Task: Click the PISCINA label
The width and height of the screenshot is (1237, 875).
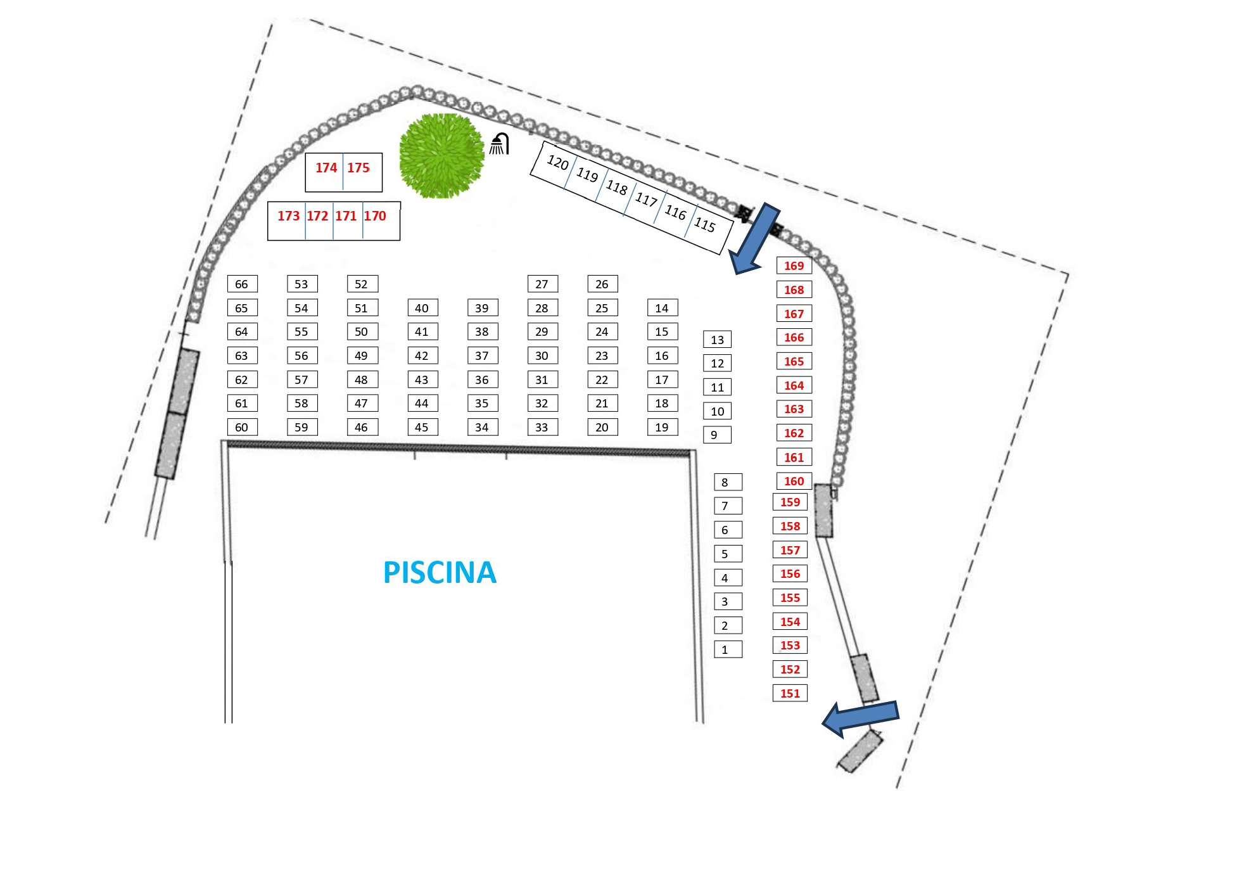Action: (x=440, y=572)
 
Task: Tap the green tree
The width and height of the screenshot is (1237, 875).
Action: (x=441, y=155)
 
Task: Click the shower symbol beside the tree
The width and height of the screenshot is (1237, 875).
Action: (x=500, y=144)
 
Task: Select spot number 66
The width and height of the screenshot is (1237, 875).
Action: (x=242, y=284)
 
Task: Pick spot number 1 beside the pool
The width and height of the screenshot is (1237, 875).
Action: (x=728, y=649)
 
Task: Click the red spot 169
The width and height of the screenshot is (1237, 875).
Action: (x=794, y=265)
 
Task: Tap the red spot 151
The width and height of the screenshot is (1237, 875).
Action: (x=790, y=693)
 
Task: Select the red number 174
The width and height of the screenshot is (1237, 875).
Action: (x=326, y=168)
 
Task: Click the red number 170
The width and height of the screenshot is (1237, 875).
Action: (x=375, y=216)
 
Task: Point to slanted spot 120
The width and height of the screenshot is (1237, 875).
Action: (x=557, y=163)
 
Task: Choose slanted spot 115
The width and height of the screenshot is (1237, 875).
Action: (x=704, y=224)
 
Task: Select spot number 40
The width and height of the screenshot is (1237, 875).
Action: (x=422, y=308)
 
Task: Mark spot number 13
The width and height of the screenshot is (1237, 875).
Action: (x=717, y=340)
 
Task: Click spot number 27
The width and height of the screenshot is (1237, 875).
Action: (x=542, y=284)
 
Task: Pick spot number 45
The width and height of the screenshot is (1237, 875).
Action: (x=422, y=427)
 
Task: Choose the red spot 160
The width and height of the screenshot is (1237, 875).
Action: (x=794, y=481)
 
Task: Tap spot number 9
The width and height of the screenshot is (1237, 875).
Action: (x=716, y=435)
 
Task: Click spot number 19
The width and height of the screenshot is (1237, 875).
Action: (x=663, y=427)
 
